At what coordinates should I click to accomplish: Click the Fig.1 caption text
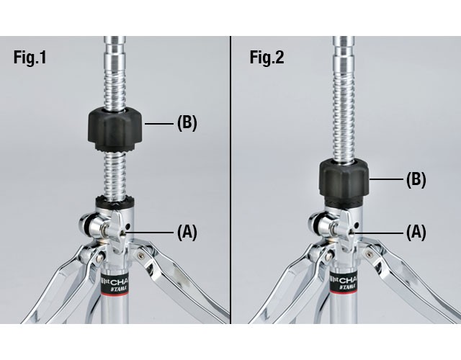pyautogui.click(x=30, y=58)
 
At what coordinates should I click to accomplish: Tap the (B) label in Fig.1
pyautogui.click(x=187, y=123)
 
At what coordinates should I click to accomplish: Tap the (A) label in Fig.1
pyautogui.click(x=187, y=232)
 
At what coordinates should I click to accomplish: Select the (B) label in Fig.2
pyautogui.click(x=416, y=179)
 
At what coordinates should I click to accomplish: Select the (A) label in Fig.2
pyautogui.click(x=416, y=232)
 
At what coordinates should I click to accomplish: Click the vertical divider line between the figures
pyautogui.click(x=230, y=180)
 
